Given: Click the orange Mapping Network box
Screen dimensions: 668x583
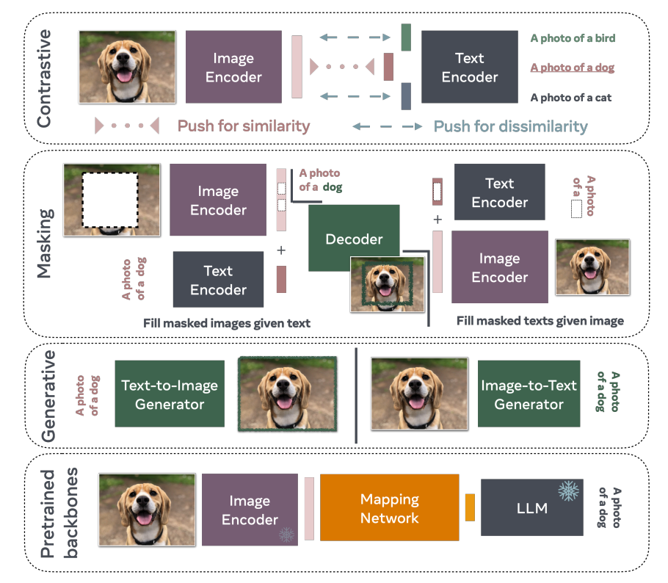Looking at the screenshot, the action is coord(389,507).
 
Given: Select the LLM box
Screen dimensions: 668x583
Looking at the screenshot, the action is coord(531,507).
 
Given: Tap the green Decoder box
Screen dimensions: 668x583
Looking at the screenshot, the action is coord(354,238).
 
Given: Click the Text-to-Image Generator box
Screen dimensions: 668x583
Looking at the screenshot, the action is coord(170,394).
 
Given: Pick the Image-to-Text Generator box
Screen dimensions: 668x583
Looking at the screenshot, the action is coord(529,394).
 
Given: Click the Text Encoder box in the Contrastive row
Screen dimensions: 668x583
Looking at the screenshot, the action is coord(470,67).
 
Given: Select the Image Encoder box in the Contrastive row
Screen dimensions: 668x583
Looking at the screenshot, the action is coord(233,67).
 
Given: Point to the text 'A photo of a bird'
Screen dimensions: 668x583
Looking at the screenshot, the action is coord(573,38).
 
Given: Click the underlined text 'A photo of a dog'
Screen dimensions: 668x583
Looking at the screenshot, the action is coord(572,68).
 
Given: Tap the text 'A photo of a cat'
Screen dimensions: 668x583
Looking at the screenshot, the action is coord(571,98).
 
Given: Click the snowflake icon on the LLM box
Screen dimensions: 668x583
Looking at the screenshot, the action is coord(569,491).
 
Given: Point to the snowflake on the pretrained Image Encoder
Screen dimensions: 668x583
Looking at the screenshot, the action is coord(286,535).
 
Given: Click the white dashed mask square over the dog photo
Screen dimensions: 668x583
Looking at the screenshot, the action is coord(110,200).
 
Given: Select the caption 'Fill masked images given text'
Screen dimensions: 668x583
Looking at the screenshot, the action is coord(227,324).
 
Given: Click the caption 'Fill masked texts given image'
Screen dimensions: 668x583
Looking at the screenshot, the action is coord(540,321).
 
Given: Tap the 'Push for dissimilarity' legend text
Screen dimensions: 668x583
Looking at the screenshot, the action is coord(510,126).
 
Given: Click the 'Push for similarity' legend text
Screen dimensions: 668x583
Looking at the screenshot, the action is coord(243,126).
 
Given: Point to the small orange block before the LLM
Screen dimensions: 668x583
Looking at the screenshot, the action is coord(470,507).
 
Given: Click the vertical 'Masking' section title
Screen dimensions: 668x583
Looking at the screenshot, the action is coord(45,243).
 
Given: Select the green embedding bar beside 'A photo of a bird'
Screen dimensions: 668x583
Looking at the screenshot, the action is coord(406,37).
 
